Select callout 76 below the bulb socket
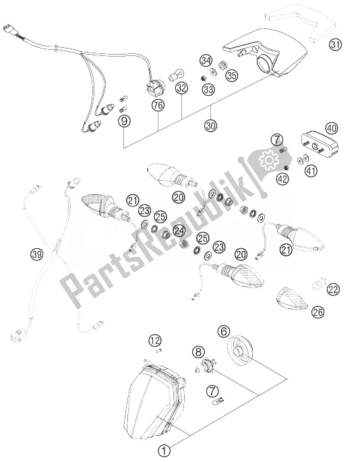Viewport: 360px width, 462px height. (158, 105)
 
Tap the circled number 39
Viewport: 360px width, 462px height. (37, 254)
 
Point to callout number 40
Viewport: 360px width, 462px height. (332, 128)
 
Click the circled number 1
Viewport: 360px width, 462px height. (164, 451)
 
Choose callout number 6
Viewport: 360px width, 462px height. (224, 331)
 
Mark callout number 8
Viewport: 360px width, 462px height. (198, 351)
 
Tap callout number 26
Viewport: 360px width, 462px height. (318, 312)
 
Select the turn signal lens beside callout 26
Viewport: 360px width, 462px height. (292, 298)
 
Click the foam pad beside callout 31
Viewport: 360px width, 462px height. (300, 24)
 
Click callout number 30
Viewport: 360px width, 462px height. (211, 126)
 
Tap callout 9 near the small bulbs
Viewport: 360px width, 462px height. (124, 121)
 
